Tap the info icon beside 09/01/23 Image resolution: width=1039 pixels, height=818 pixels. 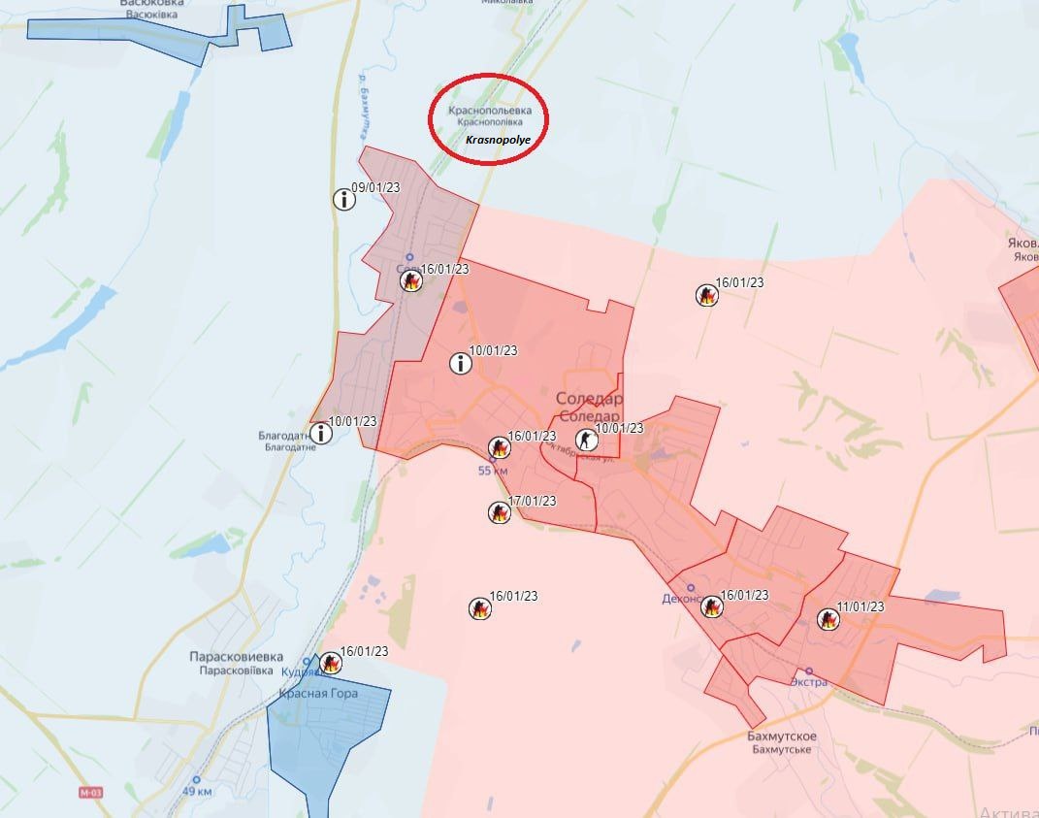344,200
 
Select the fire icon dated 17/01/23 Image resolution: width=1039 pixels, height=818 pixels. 499,512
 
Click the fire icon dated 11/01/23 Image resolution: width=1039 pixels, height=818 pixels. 828,618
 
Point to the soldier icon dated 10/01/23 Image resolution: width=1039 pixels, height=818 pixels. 586,440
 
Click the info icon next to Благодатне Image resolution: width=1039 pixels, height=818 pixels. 319,433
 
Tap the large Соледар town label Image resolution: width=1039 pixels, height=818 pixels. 589,399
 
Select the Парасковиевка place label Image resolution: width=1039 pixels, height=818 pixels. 236,656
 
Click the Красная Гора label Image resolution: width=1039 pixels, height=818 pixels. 318,693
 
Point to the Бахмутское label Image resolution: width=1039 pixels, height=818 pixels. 782,736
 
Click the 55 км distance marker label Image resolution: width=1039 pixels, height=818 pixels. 493,471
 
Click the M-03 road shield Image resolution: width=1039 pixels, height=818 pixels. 90,793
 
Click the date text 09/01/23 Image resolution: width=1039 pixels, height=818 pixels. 376,187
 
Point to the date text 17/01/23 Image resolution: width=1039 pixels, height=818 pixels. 533,501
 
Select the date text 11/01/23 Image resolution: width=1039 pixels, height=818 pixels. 860,606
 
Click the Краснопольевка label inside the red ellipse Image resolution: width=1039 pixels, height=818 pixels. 490,111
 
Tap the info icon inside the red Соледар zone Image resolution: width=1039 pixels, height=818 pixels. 461,364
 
